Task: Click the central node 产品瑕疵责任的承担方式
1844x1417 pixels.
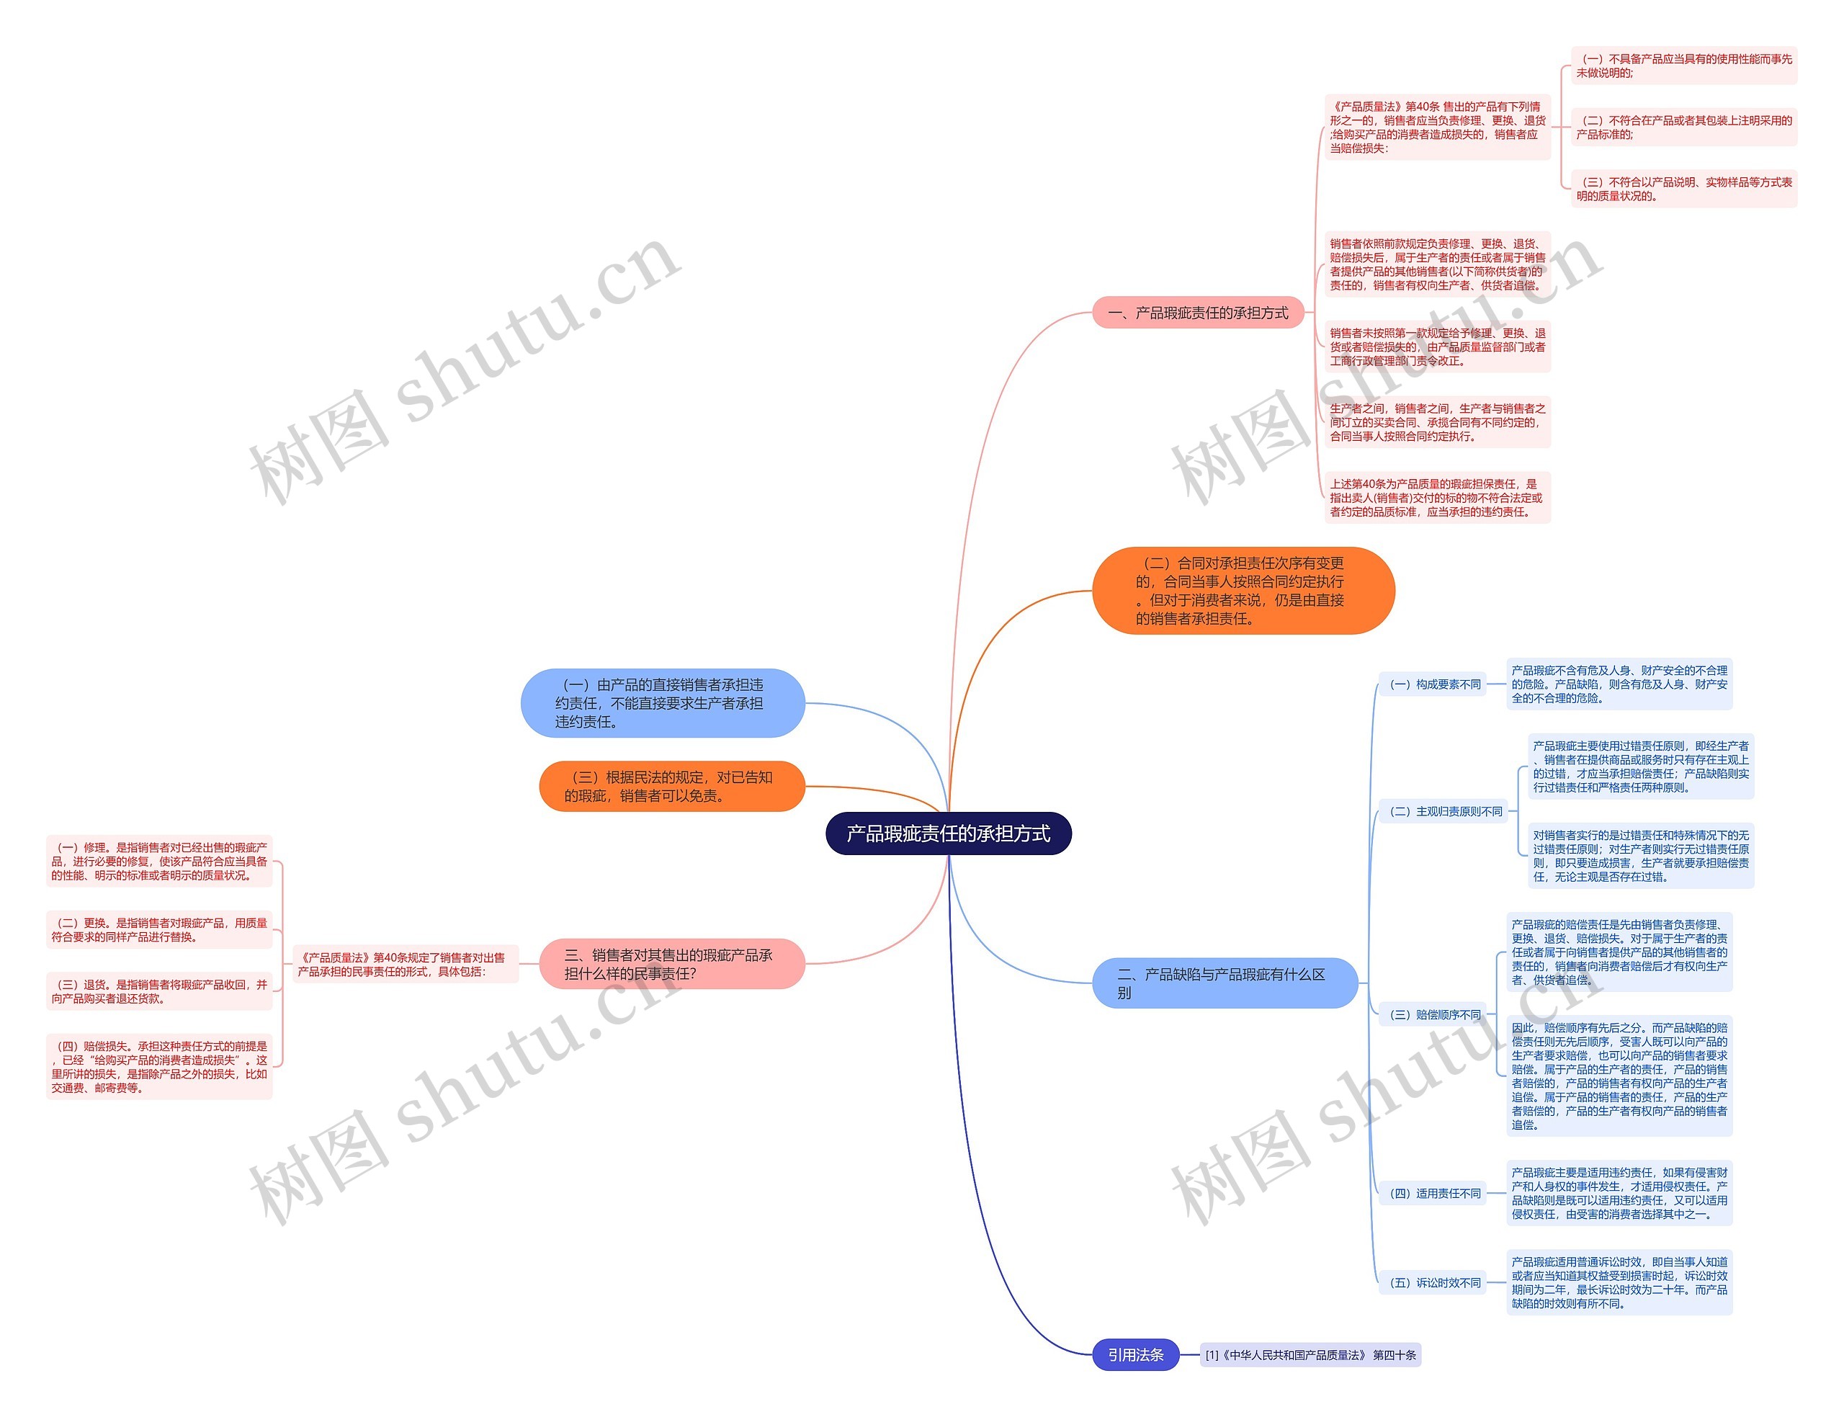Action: pos(948,833)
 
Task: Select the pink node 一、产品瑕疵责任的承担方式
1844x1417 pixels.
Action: pos(1197,313)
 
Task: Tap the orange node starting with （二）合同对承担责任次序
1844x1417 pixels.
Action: pos(1242,591)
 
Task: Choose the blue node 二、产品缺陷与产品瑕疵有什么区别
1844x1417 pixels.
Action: pos(1225,983)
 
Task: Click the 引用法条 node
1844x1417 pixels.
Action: pos(1135,1354)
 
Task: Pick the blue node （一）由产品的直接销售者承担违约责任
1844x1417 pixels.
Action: pos(663,702)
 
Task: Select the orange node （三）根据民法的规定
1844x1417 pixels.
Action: pos(671,786)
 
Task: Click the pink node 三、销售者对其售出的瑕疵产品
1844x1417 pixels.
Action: pos(671,964)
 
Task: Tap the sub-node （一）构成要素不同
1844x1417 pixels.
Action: pos(1434,684)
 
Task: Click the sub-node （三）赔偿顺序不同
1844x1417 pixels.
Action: pos(1434,1015)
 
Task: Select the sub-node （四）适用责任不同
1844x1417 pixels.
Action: pos(1434,1194)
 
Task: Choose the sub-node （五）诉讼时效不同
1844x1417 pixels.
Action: pos(1434,1283)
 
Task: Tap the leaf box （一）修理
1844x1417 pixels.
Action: pos(159,861)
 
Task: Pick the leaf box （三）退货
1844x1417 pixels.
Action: pos(159,991)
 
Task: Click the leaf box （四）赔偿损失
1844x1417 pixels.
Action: pos(159,1067)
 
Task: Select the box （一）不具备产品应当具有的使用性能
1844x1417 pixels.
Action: pos(1684,66)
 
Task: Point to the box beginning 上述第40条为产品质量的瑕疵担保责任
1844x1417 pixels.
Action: pos(1437,498)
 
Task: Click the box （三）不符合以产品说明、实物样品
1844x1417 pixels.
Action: pos(1684,189)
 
